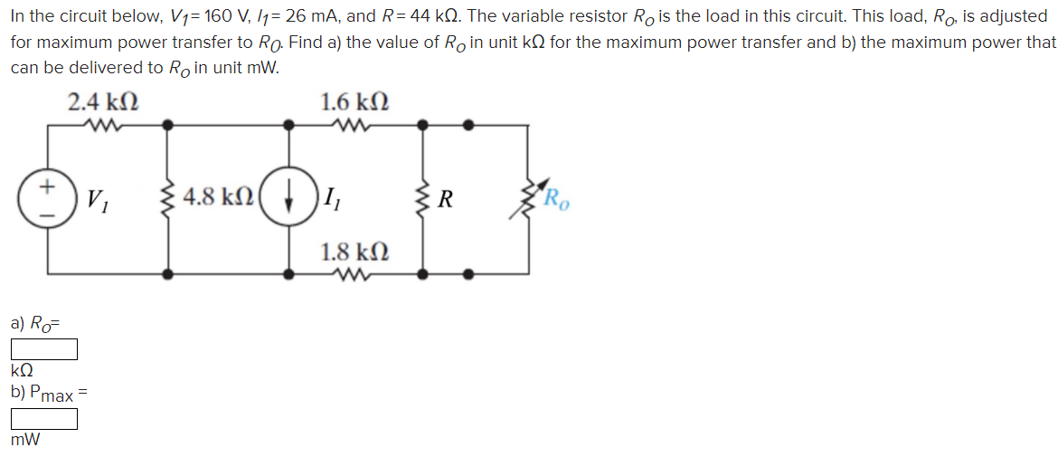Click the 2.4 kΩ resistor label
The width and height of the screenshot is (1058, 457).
point(103,101)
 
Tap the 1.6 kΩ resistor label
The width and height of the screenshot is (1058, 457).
point(355,101)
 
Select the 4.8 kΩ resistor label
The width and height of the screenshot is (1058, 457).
point(218,197)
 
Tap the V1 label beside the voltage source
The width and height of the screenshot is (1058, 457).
point(95,199)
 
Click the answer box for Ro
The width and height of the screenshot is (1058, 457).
point(44,348)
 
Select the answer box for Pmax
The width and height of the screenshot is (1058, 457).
point(44,419)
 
